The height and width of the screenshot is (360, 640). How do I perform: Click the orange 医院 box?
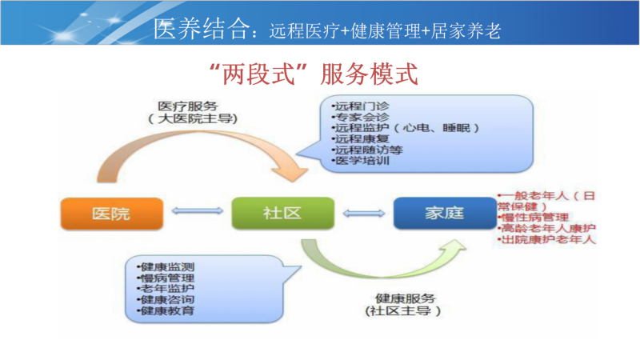pyautogui.click(x=112, y=214)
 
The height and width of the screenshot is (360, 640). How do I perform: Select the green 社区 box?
pyautogui.click(x=283, y=213)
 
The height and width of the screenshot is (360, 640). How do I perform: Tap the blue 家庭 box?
pyautogui.click(x=445, y=213)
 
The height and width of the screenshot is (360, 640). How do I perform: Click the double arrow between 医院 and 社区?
pyautogui.click(x=198, y=211)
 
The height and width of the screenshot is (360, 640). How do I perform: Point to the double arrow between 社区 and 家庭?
pyautogui.click(x=364, y=213)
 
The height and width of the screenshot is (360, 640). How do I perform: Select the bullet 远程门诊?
pyautogui.click(x=361, y=106)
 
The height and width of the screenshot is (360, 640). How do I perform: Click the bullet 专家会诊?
pyautogui.click(x=361, y=118)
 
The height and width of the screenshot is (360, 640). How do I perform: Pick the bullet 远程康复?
pyautogui.click(x=361, y=139)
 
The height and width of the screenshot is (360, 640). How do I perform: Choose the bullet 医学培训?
pyautogui.click(x=361, y=161)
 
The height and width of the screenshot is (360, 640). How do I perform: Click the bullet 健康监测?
pyautogui.click(x=166, y=267)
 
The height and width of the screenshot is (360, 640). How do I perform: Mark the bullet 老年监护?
pyautogui.click(x=166, y=289)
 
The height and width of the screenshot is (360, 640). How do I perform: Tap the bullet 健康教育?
pyautogui.click(x=166, y=311)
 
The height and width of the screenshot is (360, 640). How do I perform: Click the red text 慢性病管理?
pyautogui.click(x=533, y=218)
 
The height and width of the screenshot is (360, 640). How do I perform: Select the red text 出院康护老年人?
pyautogui.click(x=546, y=239)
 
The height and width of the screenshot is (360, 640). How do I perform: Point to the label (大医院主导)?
pyautogui.click(x=192, y=119)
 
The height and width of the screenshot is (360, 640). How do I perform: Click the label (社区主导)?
pyautogui.click(x=403, y=311)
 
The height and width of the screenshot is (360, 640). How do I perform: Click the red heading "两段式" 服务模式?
pyautogui.click(x=314, y=74)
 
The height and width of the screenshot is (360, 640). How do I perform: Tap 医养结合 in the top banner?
pyautogui.click(x=202, y=29)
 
